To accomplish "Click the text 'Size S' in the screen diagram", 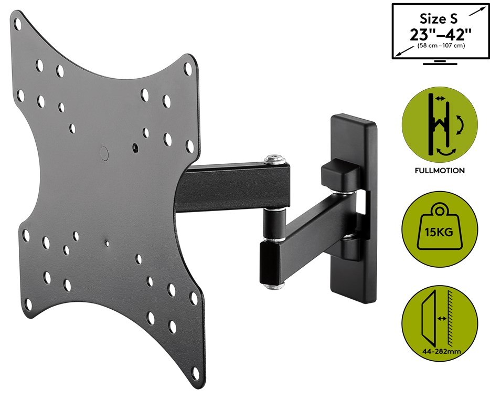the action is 439,19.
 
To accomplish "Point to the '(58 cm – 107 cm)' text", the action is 441,46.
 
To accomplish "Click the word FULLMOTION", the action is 440,171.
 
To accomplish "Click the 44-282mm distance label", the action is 440,351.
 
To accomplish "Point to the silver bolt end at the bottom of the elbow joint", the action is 274,285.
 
